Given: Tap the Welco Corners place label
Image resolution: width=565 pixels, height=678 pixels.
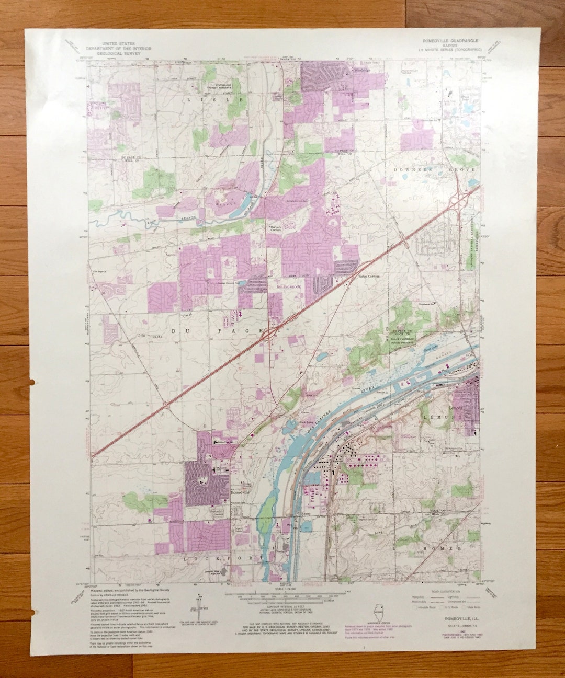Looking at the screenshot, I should click(x=369, y=275).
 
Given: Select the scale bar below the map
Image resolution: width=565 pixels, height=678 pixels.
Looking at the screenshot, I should click(x=285, y=594).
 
